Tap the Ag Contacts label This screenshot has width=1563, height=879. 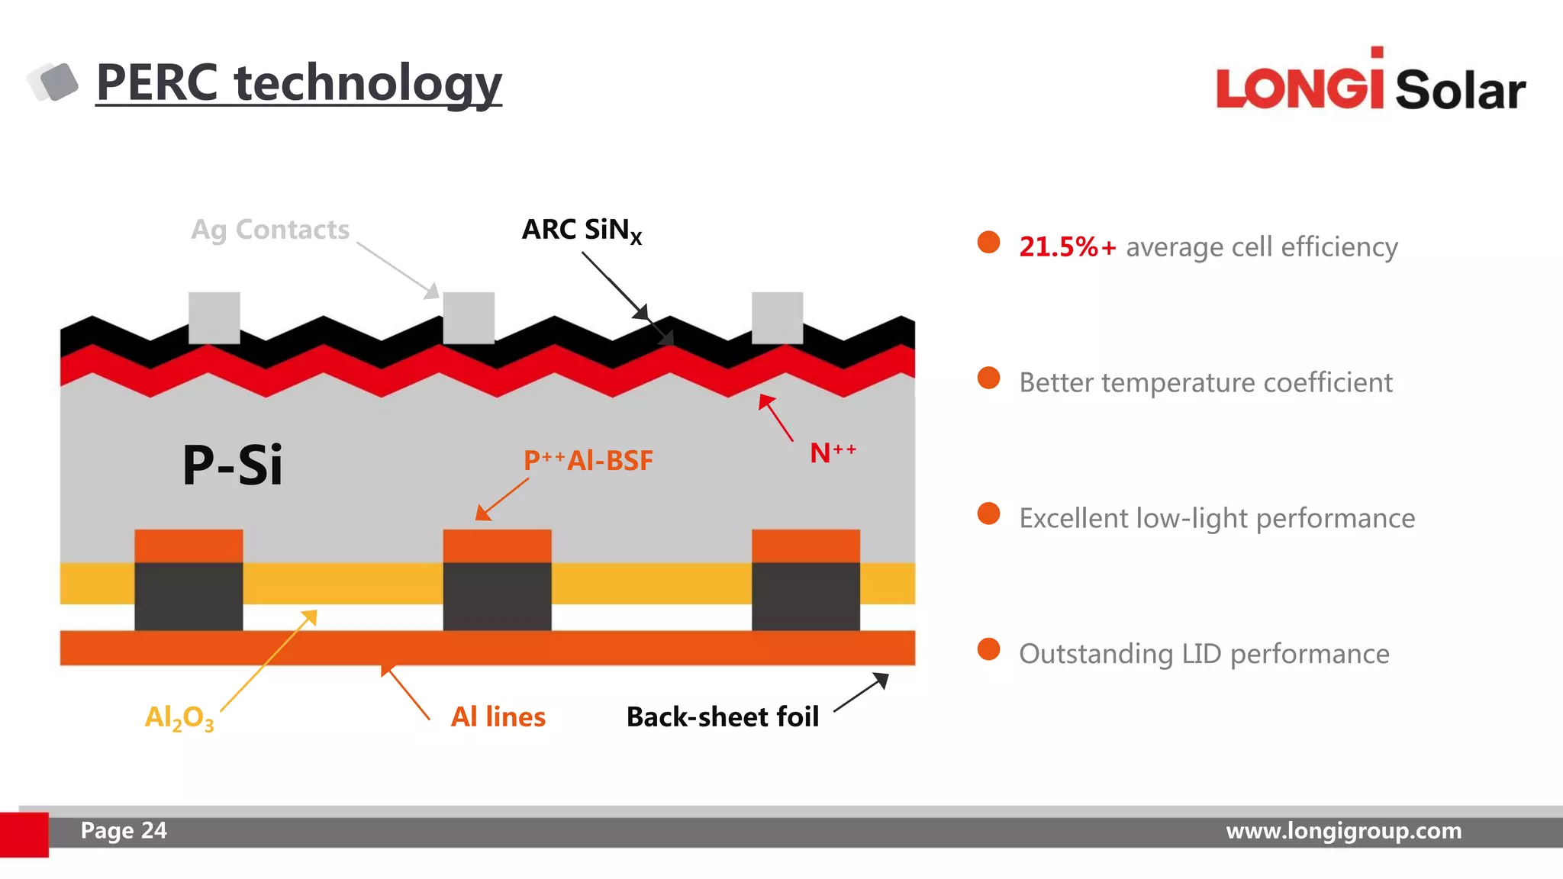point(270,230)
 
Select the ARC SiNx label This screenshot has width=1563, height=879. point(582,230)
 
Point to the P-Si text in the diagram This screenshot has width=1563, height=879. point(232,465)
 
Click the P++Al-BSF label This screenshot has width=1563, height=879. point(588,460)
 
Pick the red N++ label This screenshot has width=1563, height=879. point(832,452)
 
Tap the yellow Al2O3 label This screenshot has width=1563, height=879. point(179,718)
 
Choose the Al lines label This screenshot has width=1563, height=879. point(498,716)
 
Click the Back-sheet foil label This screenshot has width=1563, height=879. point(722,716)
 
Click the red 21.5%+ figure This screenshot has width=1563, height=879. point(1067,246)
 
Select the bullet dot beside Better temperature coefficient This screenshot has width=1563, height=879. point(988,378)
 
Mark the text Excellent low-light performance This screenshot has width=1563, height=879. point(1217,518)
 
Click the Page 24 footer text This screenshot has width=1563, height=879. point(124,830)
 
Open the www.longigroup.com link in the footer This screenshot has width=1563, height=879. point(1343,830)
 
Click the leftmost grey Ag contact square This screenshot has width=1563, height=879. point(214,317)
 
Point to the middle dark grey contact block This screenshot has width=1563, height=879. point(497,597)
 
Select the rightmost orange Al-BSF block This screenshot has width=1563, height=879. point(805,546)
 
